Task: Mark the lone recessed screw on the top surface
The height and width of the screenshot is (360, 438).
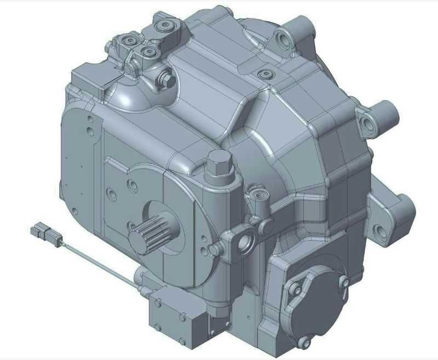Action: (x=265, y=74)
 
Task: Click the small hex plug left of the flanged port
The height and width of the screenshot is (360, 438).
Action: (x=215, y=250)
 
